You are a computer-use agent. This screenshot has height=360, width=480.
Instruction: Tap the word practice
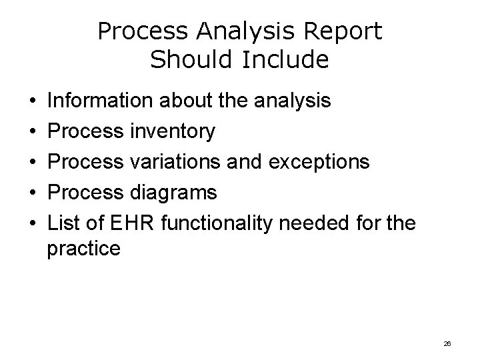(84, 249)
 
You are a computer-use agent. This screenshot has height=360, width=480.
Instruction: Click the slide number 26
(447, 343)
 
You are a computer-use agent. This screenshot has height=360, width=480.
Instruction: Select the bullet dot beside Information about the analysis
(33, 101)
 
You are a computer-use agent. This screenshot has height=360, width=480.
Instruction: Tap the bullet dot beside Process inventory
(33, 132)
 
